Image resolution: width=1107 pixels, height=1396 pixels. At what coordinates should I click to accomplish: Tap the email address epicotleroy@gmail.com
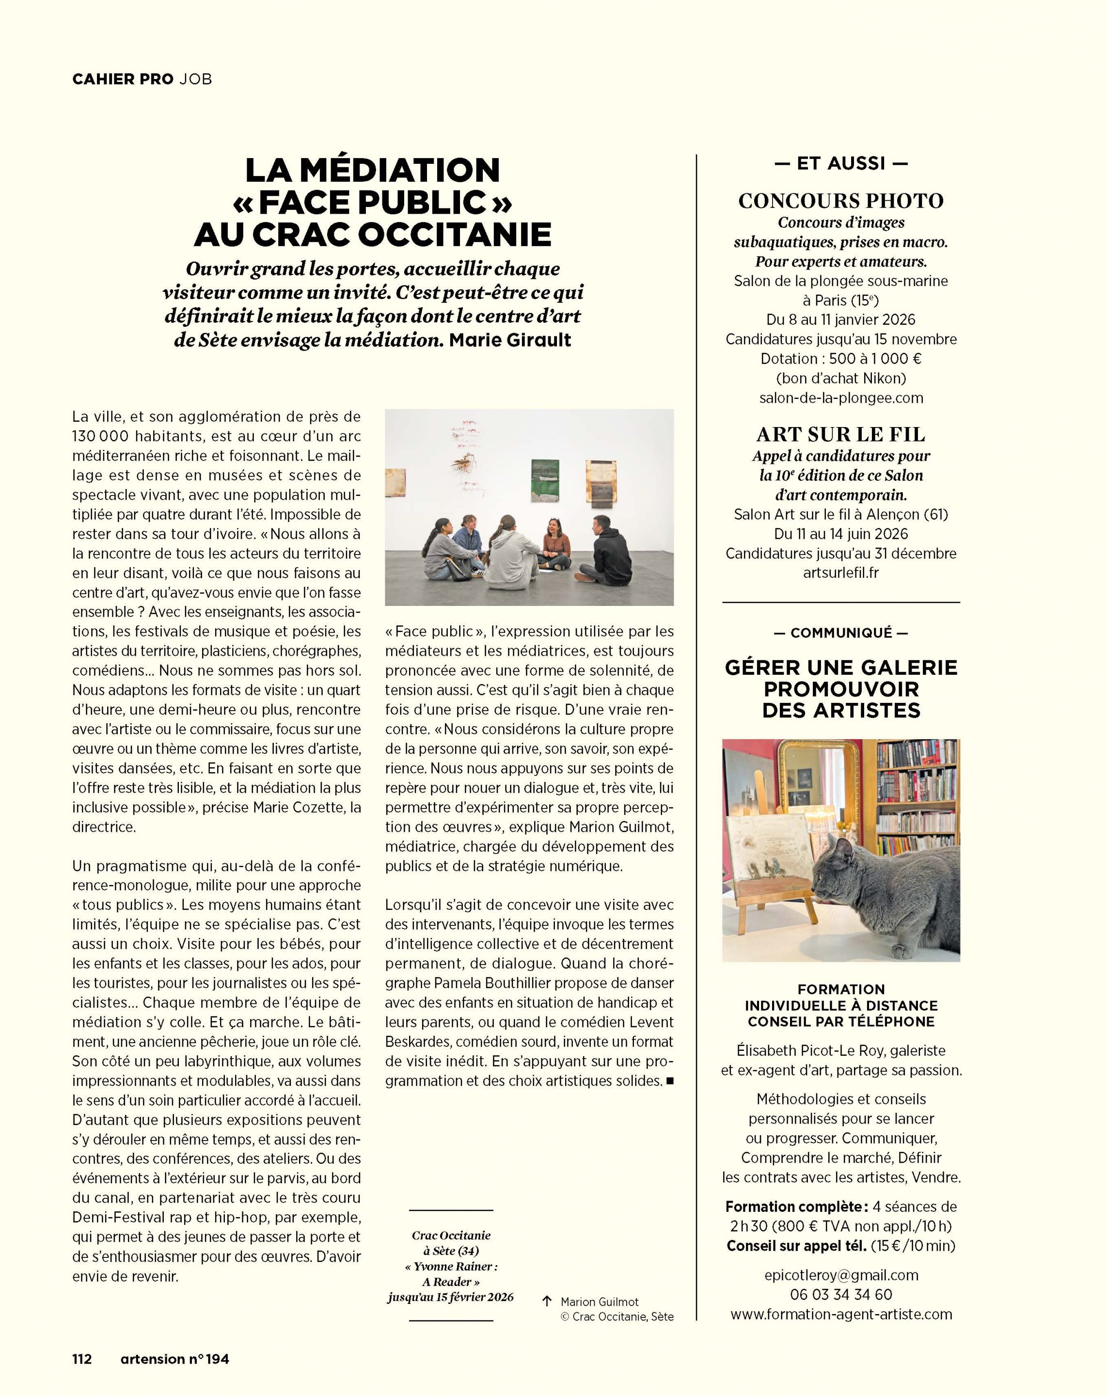[x=841, y=1275]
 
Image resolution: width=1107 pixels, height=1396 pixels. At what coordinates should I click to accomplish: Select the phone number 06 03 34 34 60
[x=841, y=1294]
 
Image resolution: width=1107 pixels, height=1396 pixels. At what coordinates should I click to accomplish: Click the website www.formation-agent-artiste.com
[x=841, y=1314]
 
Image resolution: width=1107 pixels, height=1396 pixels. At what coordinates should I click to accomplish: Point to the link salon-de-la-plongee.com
[x=841, y=397]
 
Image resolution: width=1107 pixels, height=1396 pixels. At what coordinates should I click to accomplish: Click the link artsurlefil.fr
[x=841, y=572]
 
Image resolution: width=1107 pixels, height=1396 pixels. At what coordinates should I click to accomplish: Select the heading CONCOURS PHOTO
[x=841, y=201]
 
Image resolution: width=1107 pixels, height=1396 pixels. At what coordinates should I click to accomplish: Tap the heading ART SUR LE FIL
[x=841, y=434]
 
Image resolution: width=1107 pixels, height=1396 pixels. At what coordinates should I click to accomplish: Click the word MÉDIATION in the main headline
[x=399, y=170]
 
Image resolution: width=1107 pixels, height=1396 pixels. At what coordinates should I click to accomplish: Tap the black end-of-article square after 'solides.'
[x=669, y=1080]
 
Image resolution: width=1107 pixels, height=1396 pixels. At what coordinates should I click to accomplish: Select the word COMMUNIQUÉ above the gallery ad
[x=841, y=633]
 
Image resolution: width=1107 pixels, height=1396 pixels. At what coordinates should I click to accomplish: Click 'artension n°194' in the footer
[x=175, y=1359]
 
